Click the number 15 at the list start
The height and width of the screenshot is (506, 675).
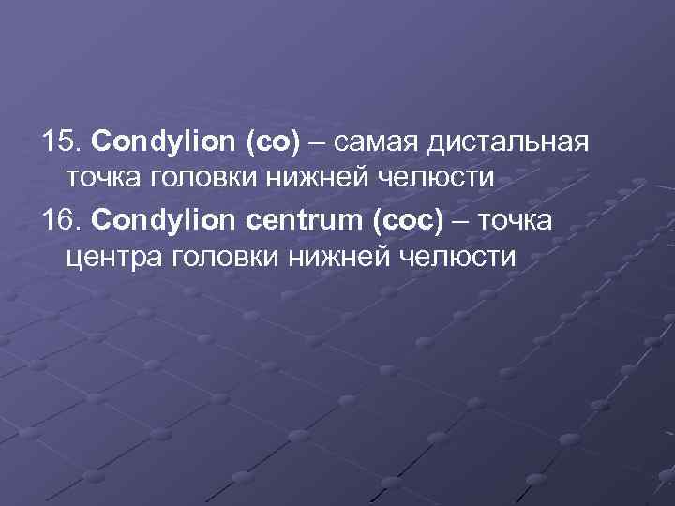[x=60, y=142]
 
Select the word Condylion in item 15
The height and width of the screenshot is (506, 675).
[x=165, y=142]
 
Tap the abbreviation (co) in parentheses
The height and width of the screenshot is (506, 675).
[x=272, y=142]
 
